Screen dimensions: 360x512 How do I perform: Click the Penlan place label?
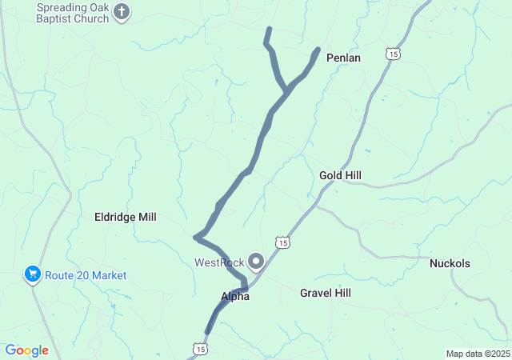[x=344, y=58]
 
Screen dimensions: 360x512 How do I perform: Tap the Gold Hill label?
[x=340, y=174]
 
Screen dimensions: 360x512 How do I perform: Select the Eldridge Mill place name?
[x=126, y=217]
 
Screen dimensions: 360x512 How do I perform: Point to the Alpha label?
[x=235, y=296]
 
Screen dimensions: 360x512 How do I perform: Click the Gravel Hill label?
[x=325, y=293]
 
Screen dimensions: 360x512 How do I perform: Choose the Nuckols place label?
[x=450, y=263]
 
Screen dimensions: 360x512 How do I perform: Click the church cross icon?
[x=122, y=11]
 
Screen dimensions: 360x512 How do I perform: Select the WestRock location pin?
[x=257, y=261]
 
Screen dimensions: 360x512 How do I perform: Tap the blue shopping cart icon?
[x=33, y=275]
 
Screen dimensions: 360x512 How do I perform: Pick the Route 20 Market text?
[x=86, y=275]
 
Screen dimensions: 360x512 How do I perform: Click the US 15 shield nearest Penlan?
[x=392, y=53]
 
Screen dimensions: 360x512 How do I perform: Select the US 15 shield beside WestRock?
[x=282, y=242]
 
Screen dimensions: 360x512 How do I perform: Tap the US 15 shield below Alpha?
[x=199, y=349]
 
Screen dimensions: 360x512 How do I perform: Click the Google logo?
[x=26, y=350]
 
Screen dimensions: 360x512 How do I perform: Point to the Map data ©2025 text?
[x=477, y=354]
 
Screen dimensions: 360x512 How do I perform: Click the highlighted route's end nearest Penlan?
[x=318, y=50]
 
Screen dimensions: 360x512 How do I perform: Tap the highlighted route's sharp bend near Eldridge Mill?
[x=196, y=237]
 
